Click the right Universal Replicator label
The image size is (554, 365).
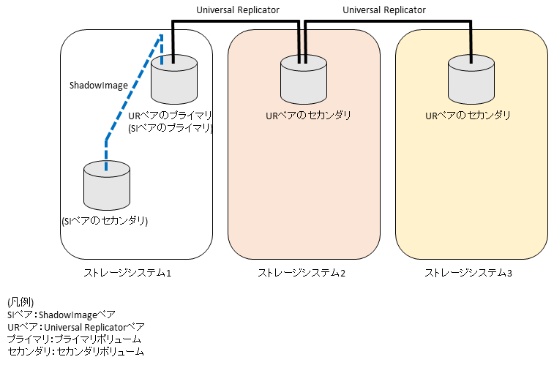pos(383,10)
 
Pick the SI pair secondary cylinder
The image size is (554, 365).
pos(107,186)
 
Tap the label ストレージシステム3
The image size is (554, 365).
pos(468,273)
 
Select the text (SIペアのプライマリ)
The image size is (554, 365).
pos(170,128)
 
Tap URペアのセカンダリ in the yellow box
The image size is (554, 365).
pos(468,115)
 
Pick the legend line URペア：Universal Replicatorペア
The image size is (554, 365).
pos(76,327)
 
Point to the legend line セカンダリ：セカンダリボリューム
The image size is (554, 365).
pos(75,352)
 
